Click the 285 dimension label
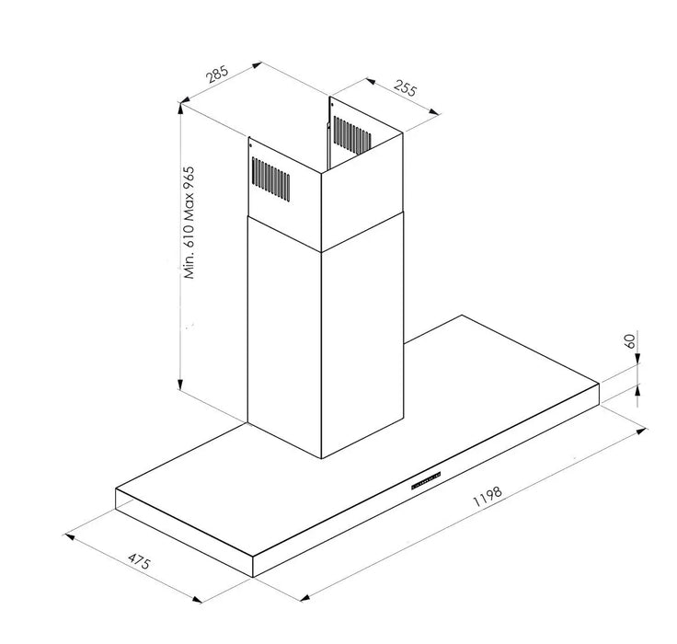click(x=216, y=74)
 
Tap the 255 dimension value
click(x=406, y=88)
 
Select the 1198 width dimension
click(x=488, y=496)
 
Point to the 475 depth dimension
click(x=140, y=561)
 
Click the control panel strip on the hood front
click(x=426, y=480)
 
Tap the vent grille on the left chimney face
click(x=270, y=178)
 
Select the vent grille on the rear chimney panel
click(x=352, y=135)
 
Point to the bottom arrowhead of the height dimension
click(x=180, y=384)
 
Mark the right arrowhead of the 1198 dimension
click(x=642, y=431)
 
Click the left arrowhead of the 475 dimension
click(x=70, y=537)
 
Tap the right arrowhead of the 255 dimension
click(x=434, y=112)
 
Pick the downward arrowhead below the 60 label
click(x=637, y=360)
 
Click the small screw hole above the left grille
click(x=250, y=145)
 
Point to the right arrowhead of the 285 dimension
click(x=257, y=65)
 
